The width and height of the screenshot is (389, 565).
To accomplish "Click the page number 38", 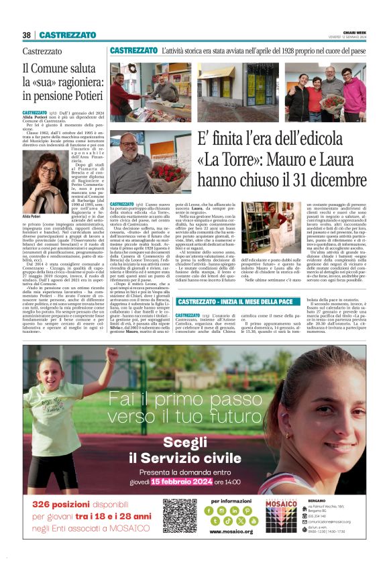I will coord(26,35).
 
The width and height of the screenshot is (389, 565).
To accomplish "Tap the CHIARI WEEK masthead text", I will coord(354,32).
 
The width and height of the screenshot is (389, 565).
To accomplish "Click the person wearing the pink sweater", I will coord(352,94).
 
